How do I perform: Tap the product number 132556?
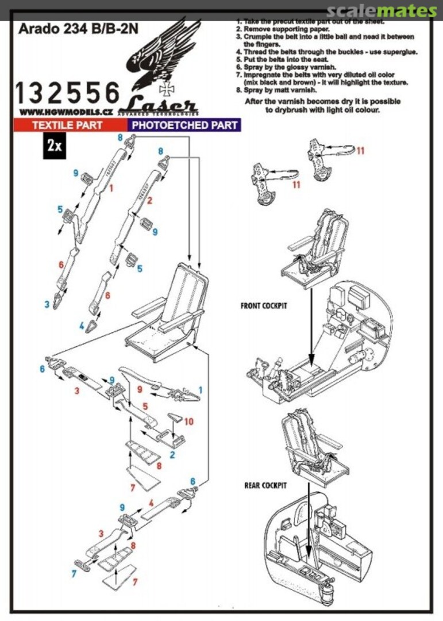click(x=67, y=93)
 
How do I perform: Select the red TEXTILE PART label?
click(x=67, y=124)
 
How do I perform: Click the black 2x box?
click(x=55, y=145)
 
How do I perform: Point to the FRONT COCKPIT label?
click(x=264, y=306)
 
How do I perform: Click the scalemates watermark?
click(x=381, y=11)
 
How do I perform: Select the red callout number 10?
click(x=188, y=421)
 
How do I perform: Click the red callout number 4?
click(x=151, y=503)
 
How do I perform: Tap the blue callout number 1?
click(x=201, y=390)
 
